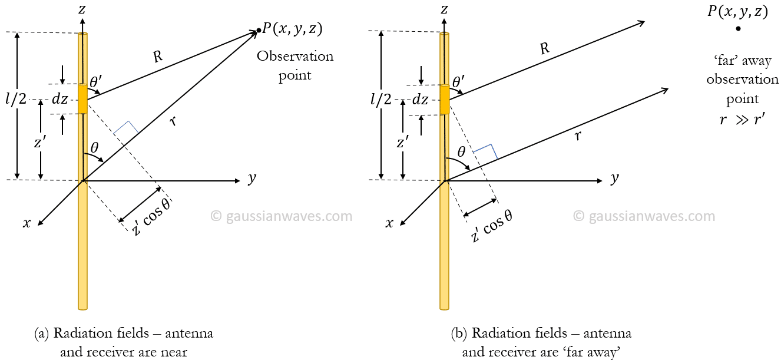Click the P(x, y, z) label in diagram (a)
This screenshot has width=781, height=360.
(293, 29)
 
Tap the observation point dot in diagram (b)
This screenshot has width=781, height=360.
(738, 28)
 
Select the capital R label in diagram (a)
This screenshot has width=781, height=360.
(157, 57)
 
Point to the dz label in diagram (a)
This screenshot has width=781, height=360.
(60, 100)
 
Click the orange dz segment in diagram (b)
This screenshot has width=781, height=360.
(445, 100)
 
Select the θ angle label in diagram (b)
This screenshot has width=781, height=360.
(462, 151)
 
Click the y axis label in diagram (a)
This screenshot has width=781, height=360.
(252, 179)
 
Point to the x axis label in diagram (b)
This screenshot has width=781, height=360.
(389, 223)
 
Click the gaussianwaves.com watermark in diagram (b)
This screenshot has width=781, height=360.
(644, 216)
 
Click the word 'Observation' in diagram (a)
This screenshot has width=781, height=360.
(295, 57)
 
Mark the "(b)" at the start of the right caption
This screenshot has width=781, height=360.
(459, 333)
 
